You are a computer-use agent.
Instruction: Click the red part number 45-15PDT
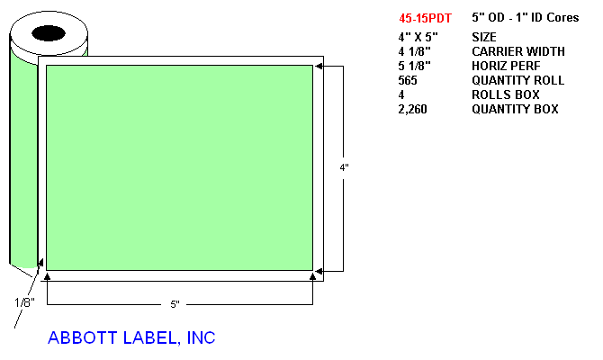coord(425,18)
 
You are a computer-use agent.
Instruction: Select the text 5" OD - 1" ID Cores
coord(526,17)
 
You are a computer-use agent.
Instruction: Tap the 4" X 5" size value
coord(418,37)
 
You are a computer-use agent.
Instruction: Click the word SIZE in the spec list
coord(484,37)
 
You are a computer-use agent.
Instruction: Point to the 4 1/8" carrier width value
coord(415,51)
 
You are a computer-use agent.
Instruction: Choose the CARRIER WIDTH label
coord(518,51)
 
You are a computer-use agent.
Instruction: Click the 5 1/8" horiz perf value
coord(415,67)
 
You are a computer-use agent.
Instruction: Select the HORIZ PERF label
coord(506,67)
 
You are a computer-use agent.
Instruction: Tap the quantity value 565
coord(408,80)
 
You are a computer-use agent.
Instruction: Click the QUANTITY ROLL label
coord(518,80)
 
